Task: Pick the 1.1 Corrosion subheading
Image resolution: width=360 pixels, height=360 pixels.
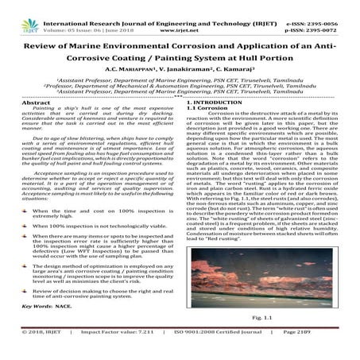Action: (206, 110)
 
